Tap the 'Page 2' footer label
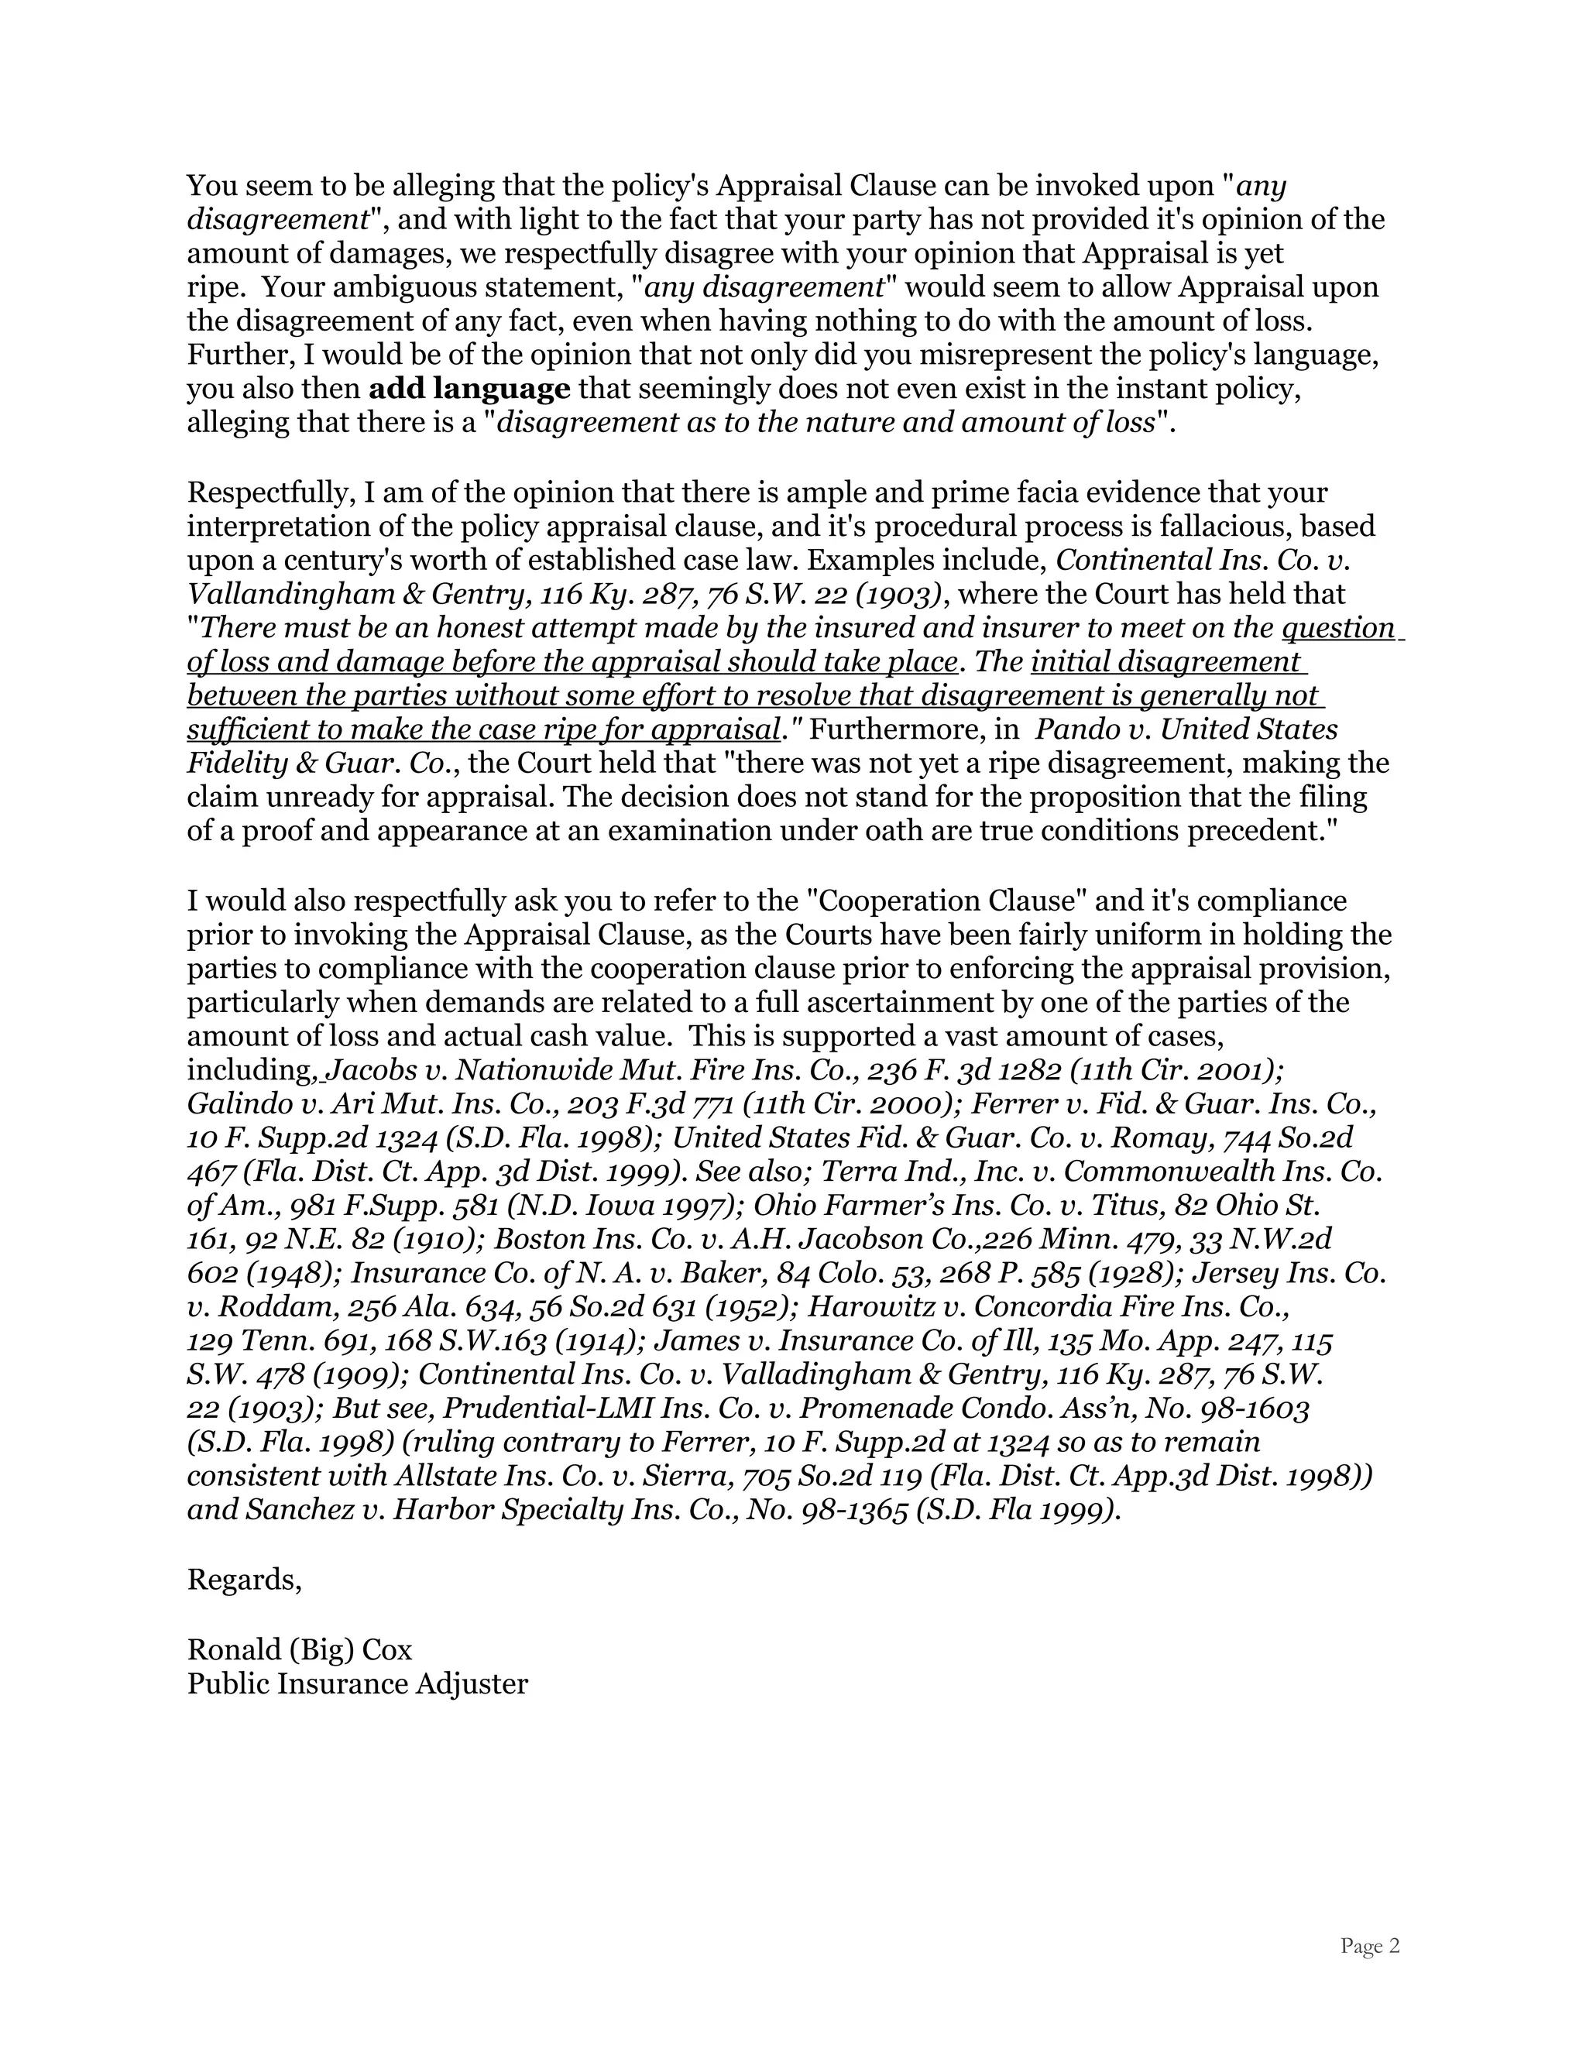coord(1369,1946)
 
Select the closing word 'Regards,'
coord(244,1580)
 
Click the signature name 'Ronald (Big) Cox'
coord(300,1650)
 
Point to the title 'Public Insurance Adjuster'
coord(357,1683)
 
